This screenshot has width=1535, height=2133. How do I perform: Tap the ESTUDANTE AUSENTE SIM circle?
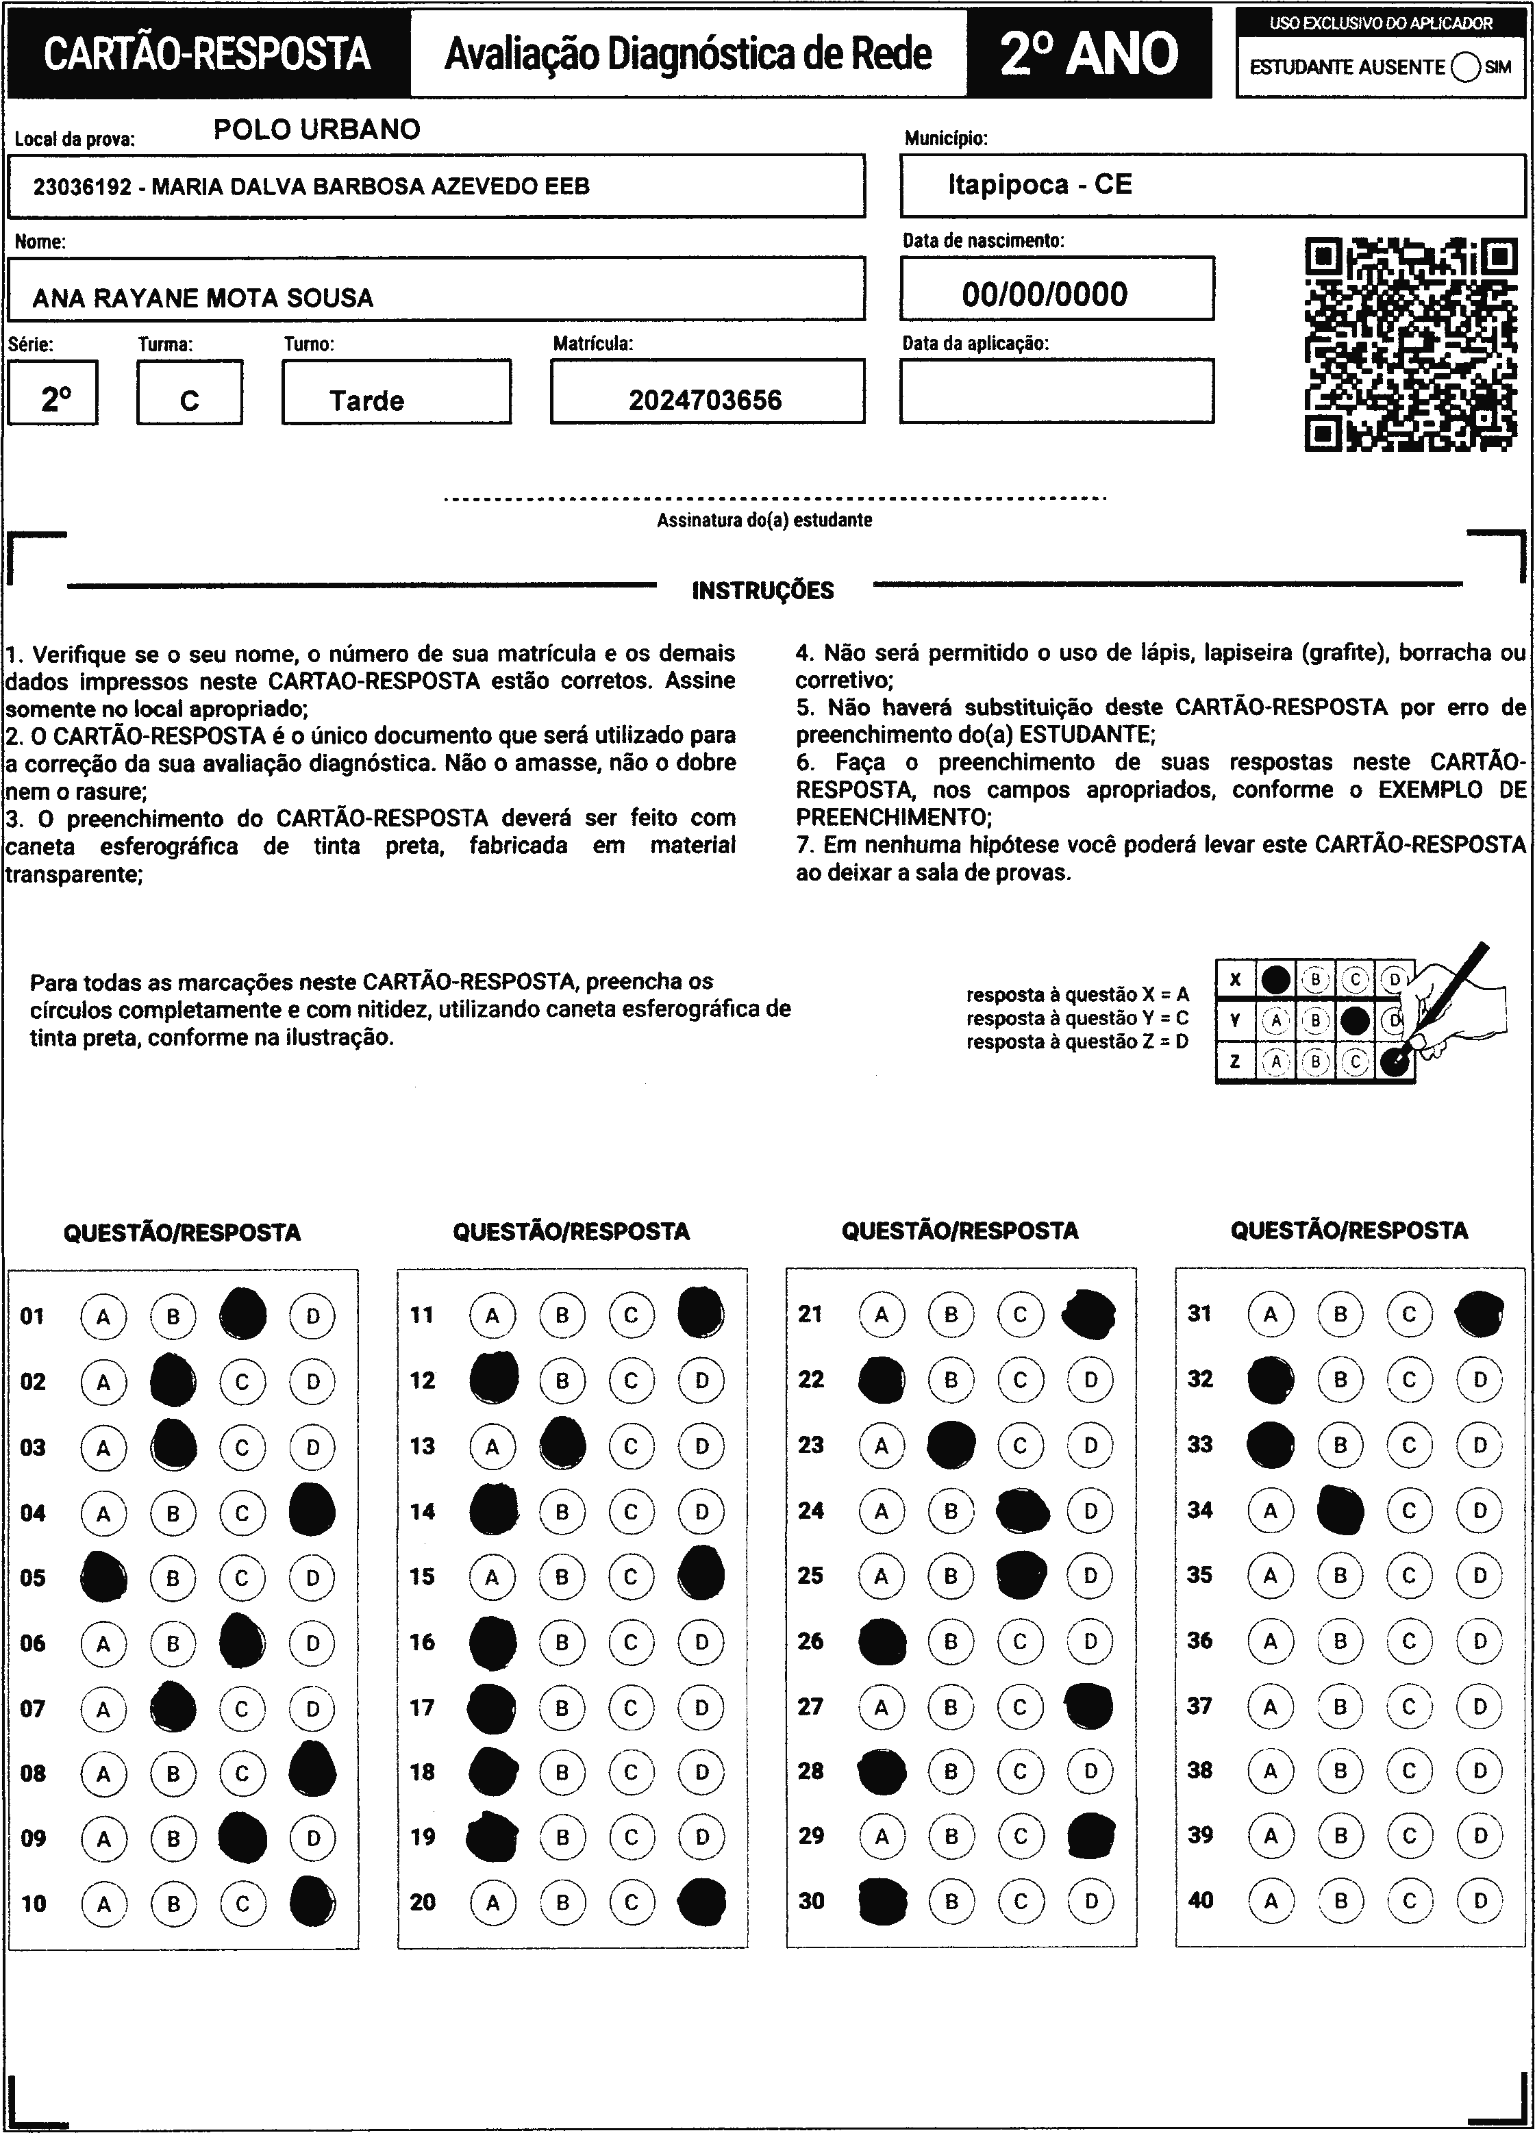1465,68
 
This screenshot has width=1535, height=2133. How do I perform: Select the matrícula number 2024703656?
706,401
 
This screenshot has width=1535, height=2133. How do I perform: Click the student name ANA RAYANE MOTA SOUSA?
203,298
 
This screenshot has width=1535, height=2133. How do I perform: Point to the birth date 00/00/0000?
1044,294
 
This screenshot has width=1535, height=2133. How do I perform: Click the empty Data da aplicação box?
1056,391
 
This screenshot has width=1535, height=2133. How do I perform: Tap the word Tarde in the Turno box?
367,401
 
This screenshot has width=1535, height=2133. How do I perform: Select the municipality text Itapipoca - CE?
1039,184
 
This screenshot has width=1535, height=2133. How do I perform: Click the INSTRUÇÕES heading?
763,591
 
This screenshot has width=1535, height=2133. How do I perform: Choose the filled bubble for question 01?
242,1315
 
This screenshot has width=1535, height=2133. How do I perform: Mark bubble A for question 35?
1271,1576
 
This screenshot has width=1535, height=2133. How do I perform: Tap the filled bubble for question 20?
701,1902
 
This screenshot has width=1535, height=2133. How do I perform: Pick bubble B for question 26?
951,1641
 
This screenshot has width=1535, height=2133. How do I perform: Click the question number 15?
423,1576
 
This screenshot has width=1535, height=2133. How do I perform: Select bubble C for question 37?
1409,1706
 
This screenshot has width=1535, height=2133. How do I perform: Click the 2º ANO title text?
1089,53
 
